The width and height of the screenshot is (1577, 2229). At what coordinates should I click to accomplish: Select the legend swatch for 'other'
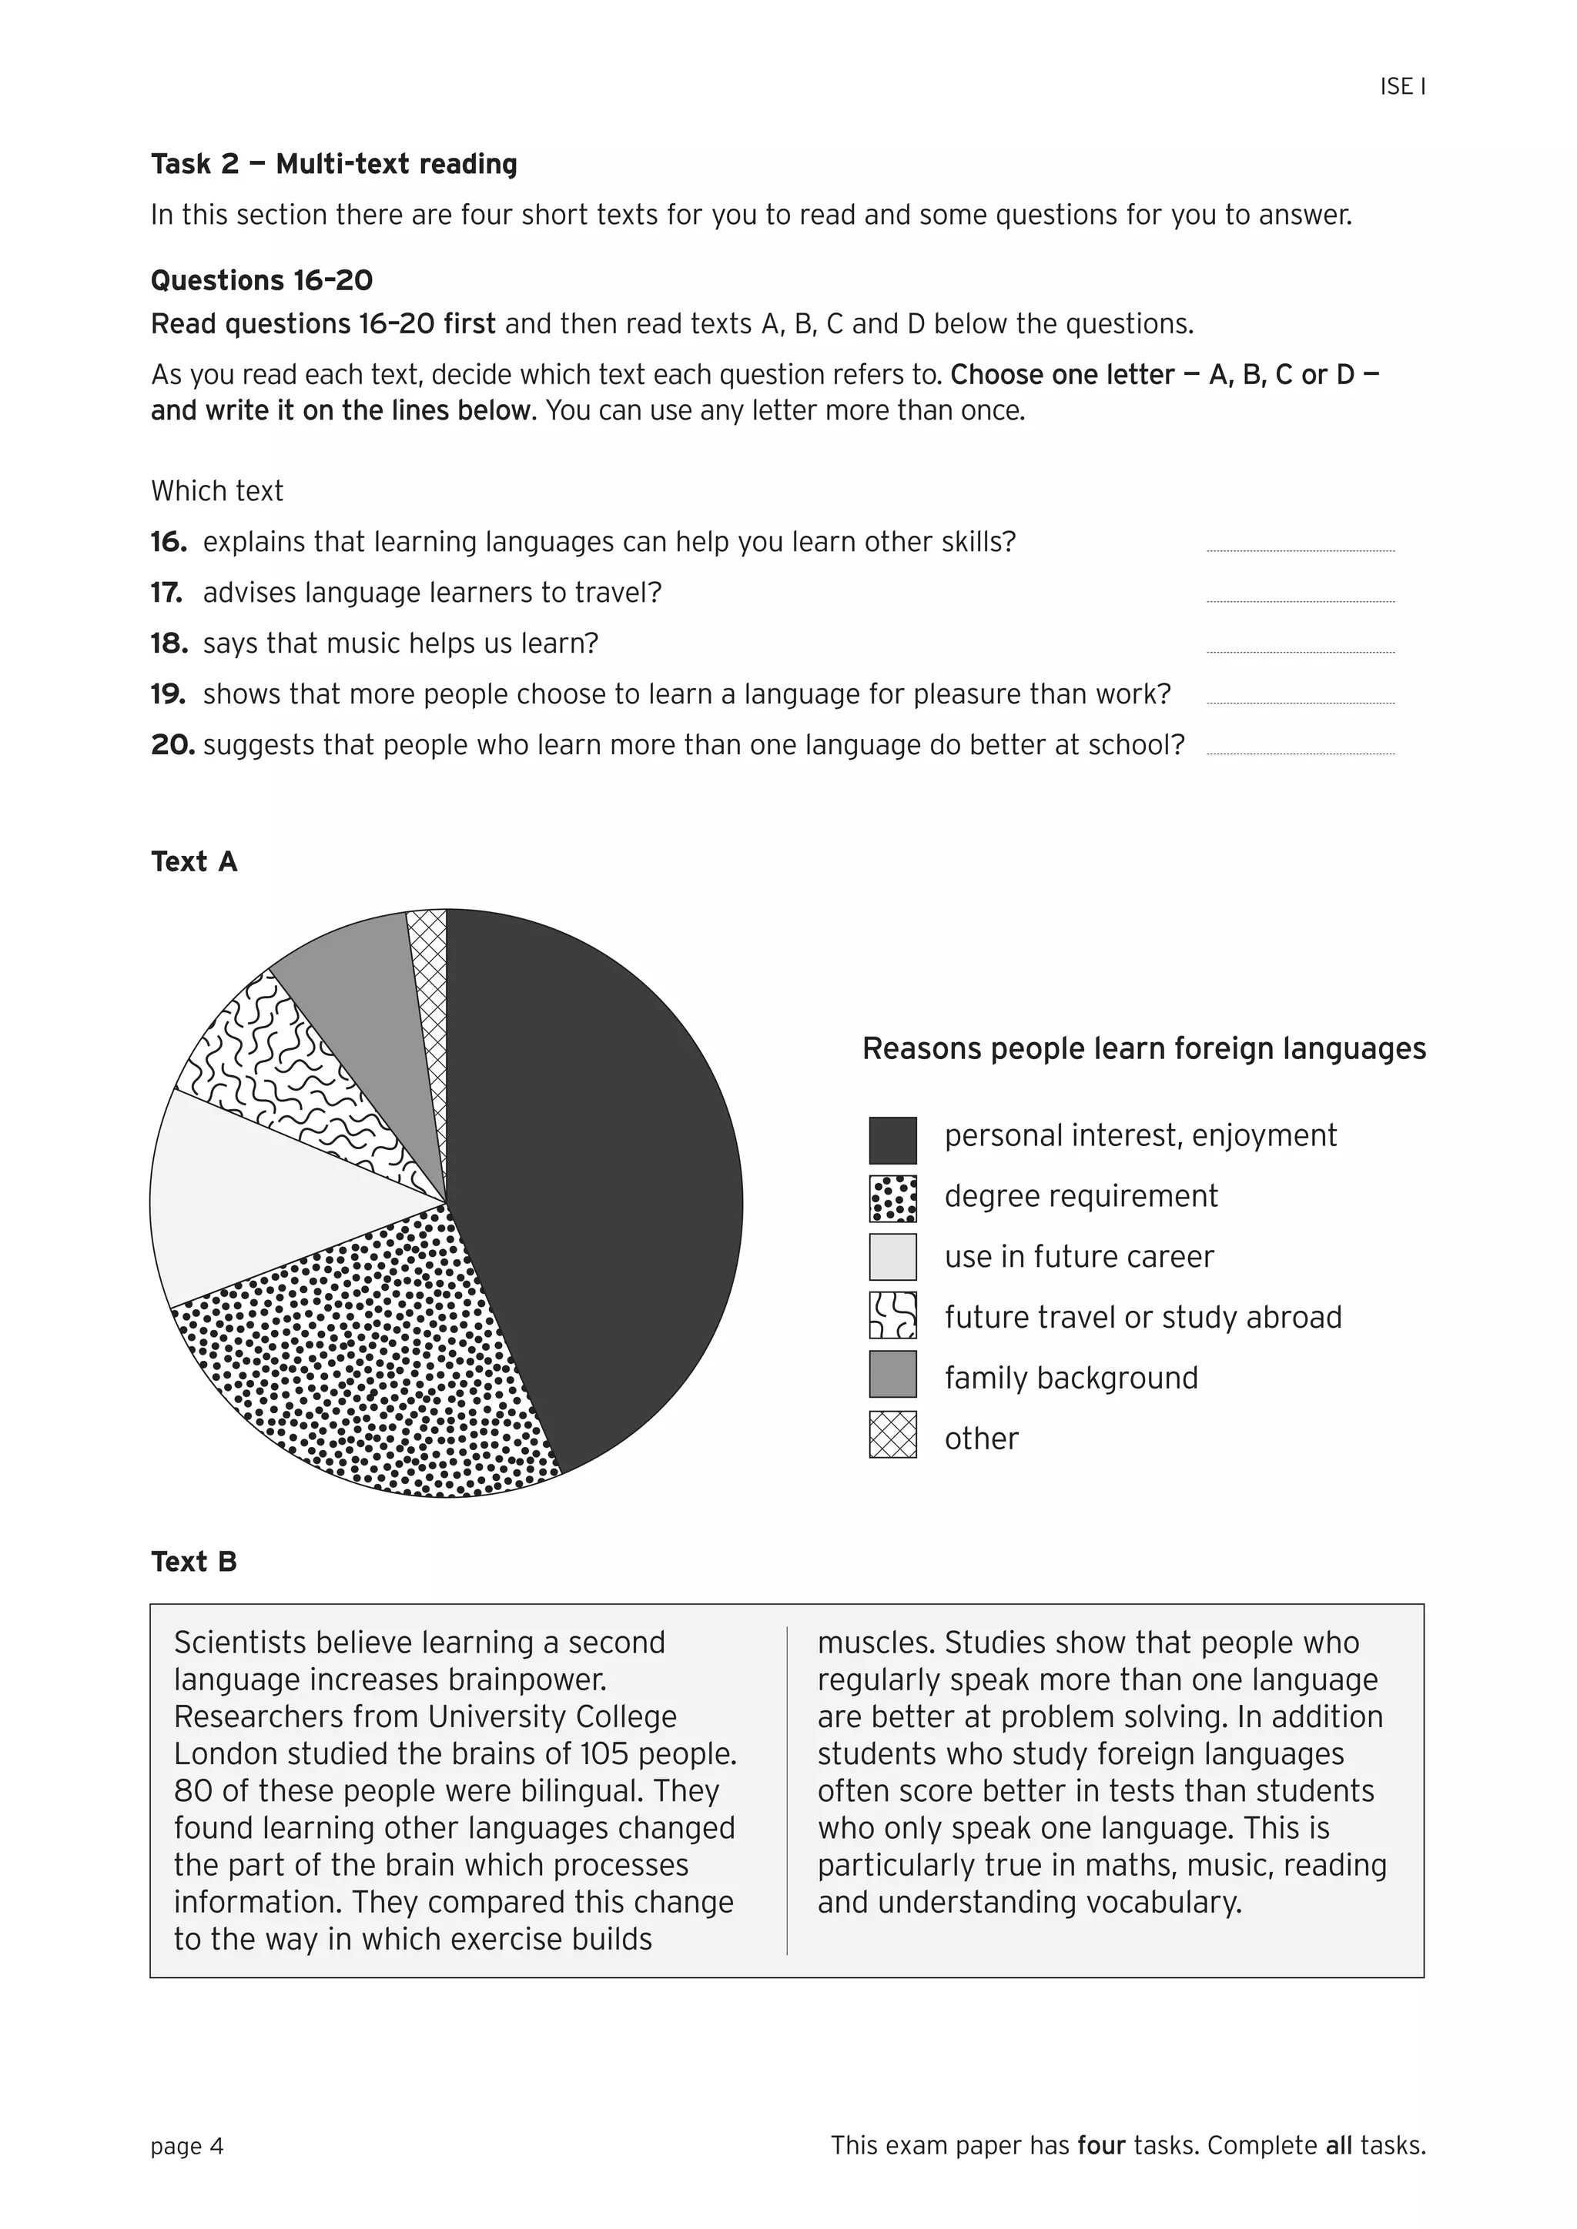(x=892, y=1435)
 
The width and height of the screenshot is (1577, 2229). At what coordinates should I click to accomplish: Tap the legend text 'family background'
(x=1070, y=1378)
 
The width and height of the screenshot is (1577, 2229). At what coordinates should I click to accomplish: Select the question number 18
(x=168, y=643)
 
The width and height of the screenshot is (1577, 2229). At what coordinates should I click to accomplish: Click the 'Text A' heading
(x=193, y=861)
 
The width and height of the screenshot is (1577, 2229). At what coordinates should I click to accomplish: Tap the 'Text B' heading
(x=193, y=1561)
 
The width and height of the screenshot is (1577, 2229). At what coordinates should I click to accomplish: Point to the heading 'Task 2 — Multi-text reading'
(x=333, y=164)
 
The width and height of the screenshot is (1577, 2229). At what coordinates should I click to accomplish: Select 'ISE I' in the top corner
(x=1401, y=86)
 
